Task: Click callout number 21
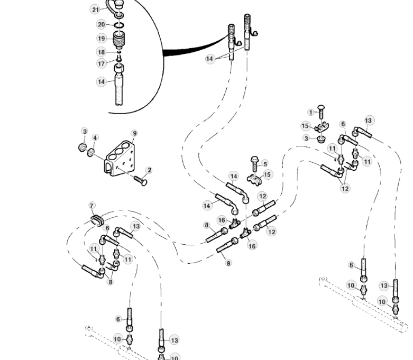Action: [x=95, y=10]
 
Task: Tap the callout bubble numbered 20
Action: [x=101, y=24]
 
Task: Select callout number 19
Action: [x=101, y=38]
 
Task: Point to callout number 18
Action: [x=101, y=52]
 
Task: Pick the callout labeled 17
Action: [x=101, y=63]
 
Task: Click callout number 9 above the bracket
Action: [x=134, y=133]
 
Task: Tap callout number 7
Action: [x=91, y=206]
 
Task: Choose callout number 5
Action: [x=265, y=163]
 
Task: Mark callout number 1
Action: [x=311, y=112]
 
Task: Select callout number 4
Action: [x=95, y=138]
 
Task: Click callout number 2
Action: [x=149, y=170]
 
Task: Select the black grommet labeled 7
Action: [x=97, y=219]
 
